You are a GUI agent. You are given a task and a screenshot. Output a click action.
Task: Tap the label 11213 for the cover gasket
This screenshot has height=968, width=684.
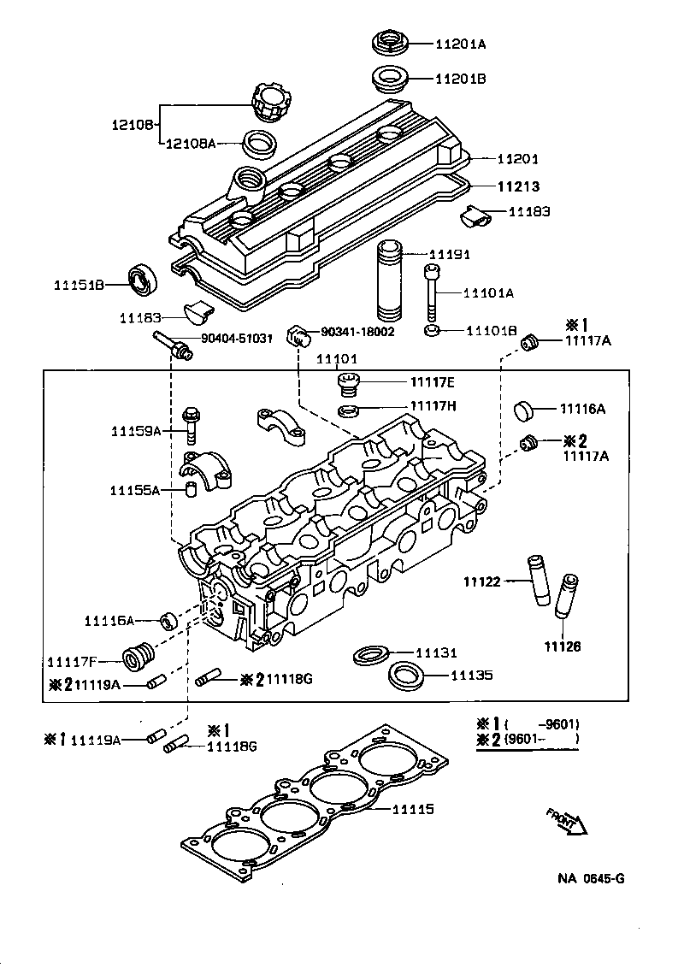[520, 186]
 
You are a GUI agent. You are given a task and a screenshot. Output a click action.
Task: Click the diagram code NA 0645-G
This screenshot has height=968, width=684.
[591, 878]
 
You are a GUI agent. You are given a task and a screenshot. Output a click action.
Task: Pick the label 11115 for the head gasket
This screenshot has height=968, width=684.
[414, 809]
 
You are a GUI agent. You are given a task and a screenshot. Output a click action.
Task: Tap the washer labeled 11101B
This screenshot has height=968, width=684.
[433, 331]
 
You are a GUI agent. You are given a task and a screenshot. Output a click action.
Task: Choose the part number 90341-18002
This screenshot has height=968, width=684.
[357, 331]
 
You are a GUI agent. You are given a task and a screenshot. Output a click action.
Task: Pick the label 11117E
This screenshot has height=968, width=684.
[433, 382]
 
